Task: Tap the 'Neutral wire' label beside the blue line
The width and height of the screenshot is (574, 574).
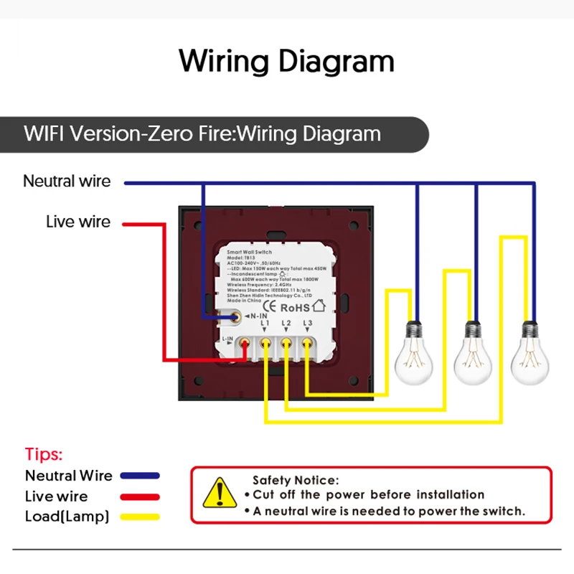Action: click(67, 181)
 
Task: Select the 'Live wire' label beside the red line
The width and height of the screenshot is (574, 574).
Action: click(78, 222)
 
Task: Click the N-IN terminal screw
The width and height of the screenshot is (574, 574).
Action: click(235, 316)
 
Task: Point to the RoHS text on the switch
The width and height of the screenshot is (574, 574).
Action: click(295, 304)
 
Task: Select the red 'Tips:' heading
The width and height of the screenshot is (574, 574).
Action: click(44, 454)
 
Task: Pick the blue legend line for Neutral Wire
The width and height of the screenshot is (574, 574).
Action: click(141, 476)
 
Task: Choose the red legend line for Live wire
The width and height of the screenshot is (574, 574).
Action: click(141, 497)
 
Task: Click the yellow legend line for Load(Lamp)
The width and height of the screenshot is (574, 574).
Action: click(141, 517)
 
